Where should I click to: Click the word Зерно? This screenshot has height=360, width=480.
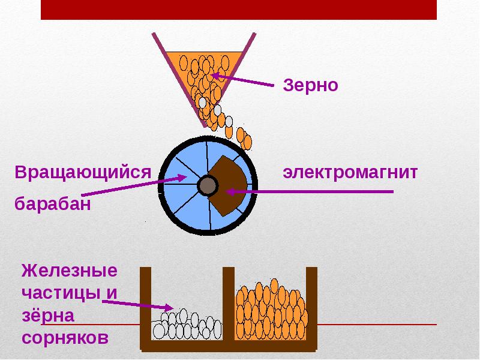click(x=310, y=85)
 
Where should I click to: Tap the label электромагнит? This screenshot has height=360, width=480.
click(x=350, y=173)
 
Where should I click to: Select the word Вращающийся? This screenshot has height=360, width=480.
click(x=82, y=173)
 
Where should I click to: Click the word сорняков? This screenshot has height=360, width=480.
click(x=65, y=337)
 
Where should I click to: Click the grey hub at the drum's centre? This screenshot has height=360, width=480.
click(x=208, y=185)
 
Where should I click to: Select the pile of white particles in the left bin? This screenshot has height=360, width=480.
click(x=186, y=326)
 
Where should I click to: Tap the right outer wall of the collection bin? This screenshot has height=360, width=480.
click(x=311, y=306)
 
